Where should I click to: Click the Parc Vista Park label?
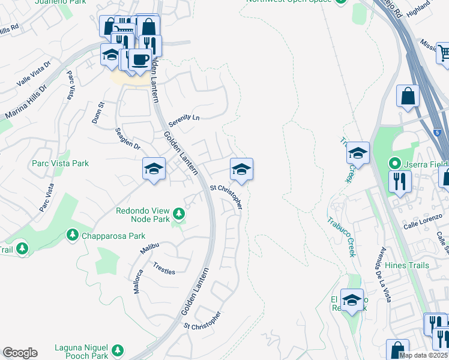pyautogui.click(x=60, y=163)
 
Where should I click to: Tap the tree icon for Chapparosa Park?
pyautogui.click(x=73, y=234)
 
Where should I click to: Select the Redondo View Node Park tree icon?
pyautogui.click(x=178, y=214)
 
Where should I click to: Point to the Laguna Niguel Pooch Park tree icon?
pyautogui.click(x=118, y=349)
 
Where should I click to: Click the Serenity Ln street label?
pyautogui.click(x=183, y=118)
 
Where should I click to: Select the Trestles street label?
pyautogui.click(x=164, y=268)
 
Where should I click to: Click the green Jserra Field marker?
pyautogui.click(x=394, y=163)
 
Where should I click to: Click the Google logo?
pyautogui.click(x=20, y=353)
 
